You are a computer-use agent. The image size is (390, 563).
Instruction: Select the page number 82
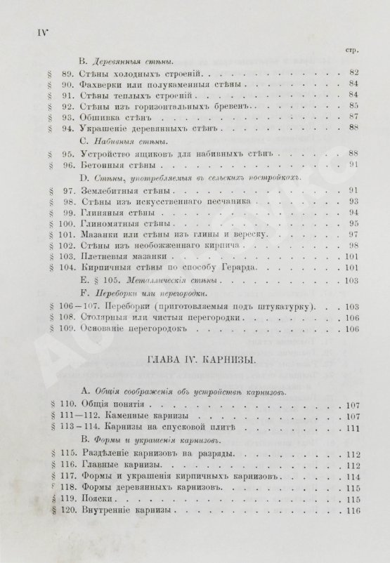pyautogui.click(x=354, y=72)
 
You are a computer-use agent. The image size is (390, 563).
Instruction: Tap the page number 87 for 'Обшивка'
pyautogui.click(x=354, y=116)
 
